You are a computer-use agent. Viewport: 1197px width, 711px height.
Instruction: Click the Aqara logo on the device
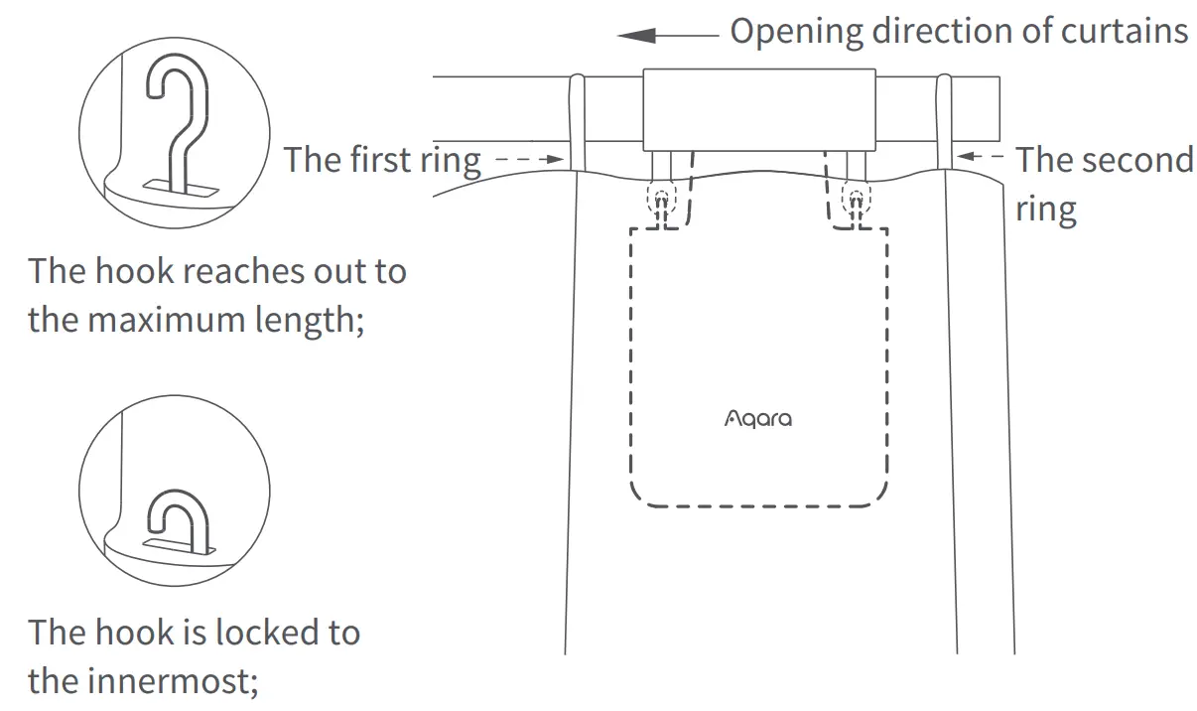(x=758, y=419)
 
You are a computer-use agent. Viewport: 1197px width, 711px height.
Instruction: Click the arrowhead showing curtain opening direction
(x=637, y=35)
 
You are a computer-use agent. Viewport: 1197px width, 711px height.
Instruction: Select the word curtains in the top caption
(x=1123, y=31)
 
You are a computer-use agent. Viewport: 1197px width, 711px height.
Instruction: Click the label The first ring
(x=383, y=159)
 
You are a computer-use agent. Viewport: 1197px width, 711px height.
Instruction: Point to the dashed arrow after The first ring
(x=528, y=159)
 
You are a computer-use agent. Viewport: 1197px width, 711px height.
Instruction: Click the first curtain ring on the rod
(x=577, y=119)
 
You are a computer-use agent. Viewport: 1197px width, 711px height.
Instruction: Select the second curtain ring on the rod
(x=943, y=119)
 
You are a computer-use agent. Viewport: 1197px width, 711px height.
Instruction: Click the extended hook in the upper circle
(x=174, y=119)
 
